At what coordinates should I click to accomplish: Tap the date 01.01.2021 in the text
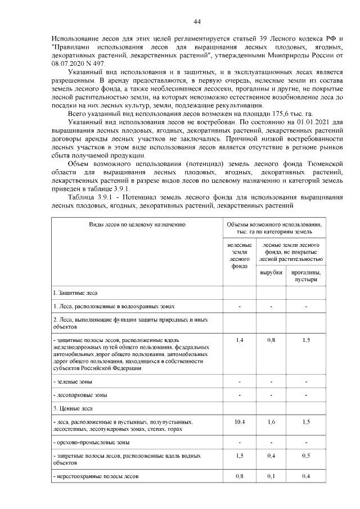pyautogui.click(x=312, y=121)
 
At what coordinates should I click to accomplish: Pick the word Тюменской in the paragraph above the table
pyautogui.click(x=322, y=164)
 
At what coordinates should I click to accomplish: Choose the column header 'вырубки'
pyautogui.click(x=271, y=273)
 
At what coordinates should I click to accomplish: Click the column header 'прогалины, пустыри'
pyautogui.click(x=305, y=276)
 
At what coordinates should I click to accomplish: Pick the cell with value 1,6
pyautogui.click(x=271, y=421)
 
